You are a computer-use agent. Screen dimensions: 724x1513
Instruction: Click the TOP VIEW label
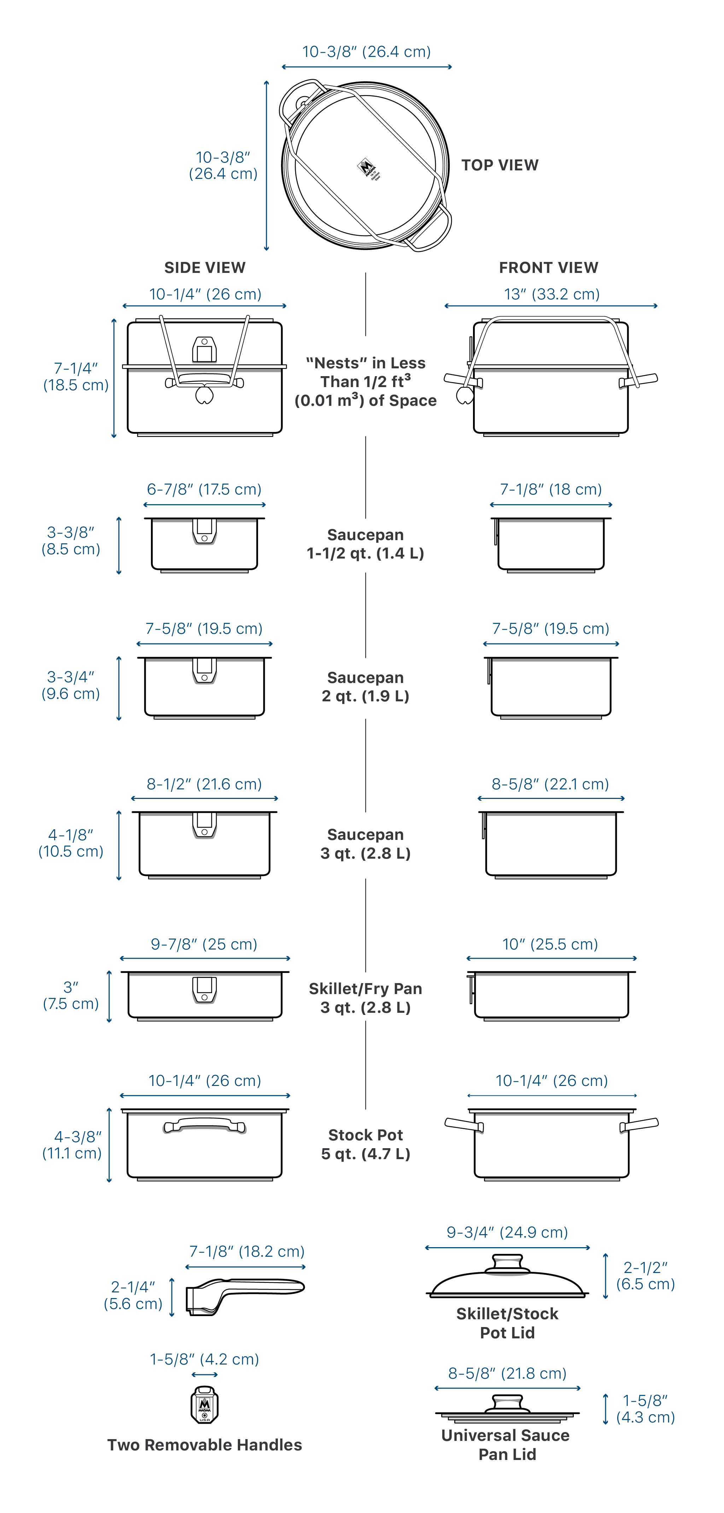(x=500, y=165)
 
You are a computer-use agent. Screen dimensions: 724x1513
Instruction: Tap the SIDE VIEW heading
(x=205, y=268)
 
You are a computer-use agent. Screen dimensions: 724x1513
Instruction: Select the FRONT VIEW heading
(x=548, y=268)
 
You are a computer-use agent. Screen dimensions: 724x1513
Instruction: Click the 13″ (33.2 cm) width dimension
(x=551, y=294)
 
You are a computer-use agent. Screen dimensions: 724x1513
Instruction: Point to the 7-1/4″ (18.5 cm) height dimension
(x=76, y=376)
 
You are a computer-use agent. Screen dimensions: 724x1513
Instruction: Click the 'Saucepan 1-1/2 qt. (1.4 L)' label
(x=365, y=544)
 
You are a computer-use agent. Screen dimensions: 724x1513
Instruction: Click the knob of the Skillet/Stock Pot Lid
(x=507, y=1264)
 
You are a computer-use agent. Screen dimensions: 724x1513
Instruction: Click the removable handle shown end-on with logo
(x=204, y=1405)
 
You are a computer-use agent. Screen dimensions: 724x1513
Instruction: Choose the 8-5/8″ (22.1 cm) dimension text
(x=550, y=784)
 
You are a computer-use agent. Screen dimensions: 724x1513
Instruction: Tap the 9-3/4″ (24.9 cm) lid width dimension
(x=507, y=1232)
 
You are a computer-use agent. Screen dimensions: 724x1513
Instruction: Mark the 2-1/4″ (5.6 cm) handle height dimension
(x=133, y=1296)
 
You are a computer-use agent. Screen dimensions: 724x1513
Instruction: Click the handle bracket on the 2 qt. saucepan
(x=204, y=671)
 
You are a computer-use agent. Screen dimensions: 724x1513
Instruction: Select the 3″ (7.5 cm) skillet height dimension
(x=70, y=995)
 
